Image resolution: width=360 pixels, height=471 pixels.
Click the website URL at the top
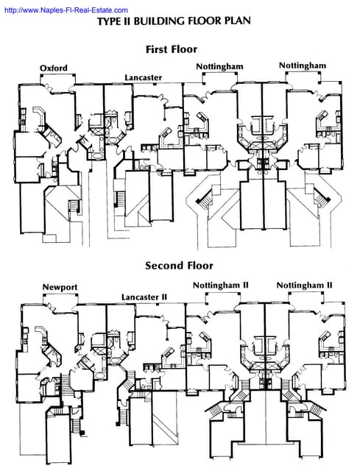(x=64, y=10)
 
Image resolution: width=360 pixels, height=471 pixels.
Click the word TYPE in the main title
(x=110, y=22)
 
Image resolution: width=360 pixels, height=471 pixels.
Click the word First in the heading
(x=160, y=49)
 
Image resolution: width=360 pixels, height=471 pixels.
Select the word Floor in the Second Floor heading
(x=198, y=266)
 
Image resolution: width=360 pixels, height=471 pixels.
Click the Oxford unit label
(x=54, y=68)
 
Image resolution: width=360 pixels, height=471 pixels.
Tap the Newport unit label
(x=60, y=287)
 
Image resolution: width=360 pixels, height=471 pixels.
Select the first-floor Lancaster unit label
(x=143, y=77)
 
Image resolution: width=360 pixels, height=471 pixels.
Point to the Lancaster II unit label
(x=144, y=297)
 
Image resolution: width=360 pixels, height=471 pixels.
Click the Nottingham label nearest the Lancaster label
(x=219, y=66)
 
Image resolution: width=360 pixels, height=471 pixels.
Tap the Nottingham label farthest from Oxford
(x=302, y=66)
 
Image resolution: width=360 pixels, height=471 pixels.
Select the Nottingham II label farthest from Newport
(x=304, y=285)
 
